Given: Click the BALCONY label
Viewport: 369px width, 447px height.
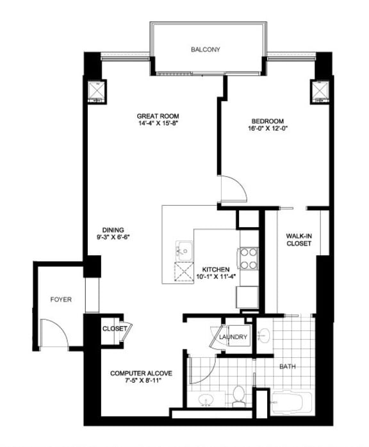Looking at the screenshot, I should click(205, 49).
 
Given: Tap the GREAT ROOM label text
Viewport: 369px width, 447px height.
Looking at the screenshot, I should click(156, 115).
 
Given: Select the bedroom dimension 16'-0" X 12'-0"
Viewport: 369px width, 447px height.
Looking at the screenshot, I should click(272, 128).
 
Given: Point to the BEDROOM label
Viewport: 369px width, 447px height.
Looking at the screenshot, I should click(272, 121).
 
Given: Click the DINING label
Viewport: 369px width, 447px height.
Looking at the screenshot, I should click(112, 230).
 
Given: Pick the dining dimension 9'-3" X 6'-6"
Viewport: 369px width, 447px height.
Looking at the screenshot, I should click(112, 237).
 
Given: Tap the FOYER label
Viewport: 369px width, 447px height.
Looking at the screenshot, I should click(61, 299).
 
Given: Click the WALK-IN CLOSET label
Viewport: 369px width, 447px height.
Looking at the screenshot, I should click(299, 240).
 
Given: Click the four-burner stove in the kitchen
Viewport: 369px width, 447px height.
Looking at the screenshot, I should click(248, 260).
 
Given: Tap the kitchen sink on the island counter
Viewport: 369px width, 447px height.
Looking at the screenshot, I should click(184, 248).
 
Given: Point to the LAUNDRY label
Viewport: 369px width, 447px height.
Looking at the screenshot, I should click(233, 337).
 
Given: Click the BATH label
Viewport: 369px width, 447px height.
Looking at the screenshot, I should click(288, 367).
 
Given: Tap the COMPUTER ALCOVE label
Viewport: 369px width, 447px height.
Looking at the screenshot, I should click(140, 373).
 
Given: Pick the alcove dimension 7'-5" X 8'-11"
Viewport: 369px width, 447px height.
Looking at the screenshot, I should click(140, 381).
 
